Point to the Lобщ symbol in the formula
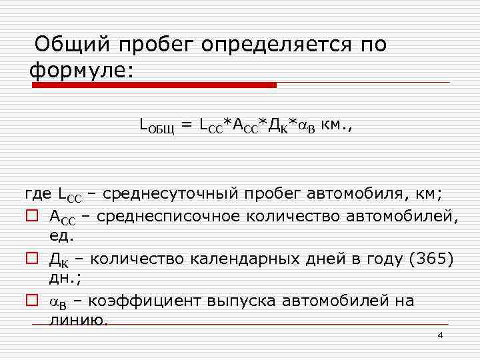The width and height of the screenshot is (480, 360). point(156,125)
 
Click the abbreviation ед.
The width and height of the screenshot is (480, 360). point(62,235)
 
